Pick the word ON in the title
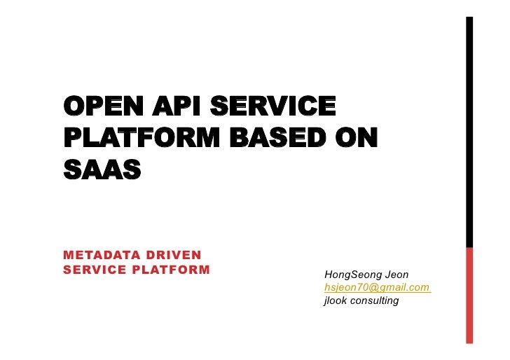[x=355, y=138]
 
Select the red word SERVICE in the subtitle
[x=93, y=269]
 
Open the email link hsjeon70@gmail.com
[x=376, y=287]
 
